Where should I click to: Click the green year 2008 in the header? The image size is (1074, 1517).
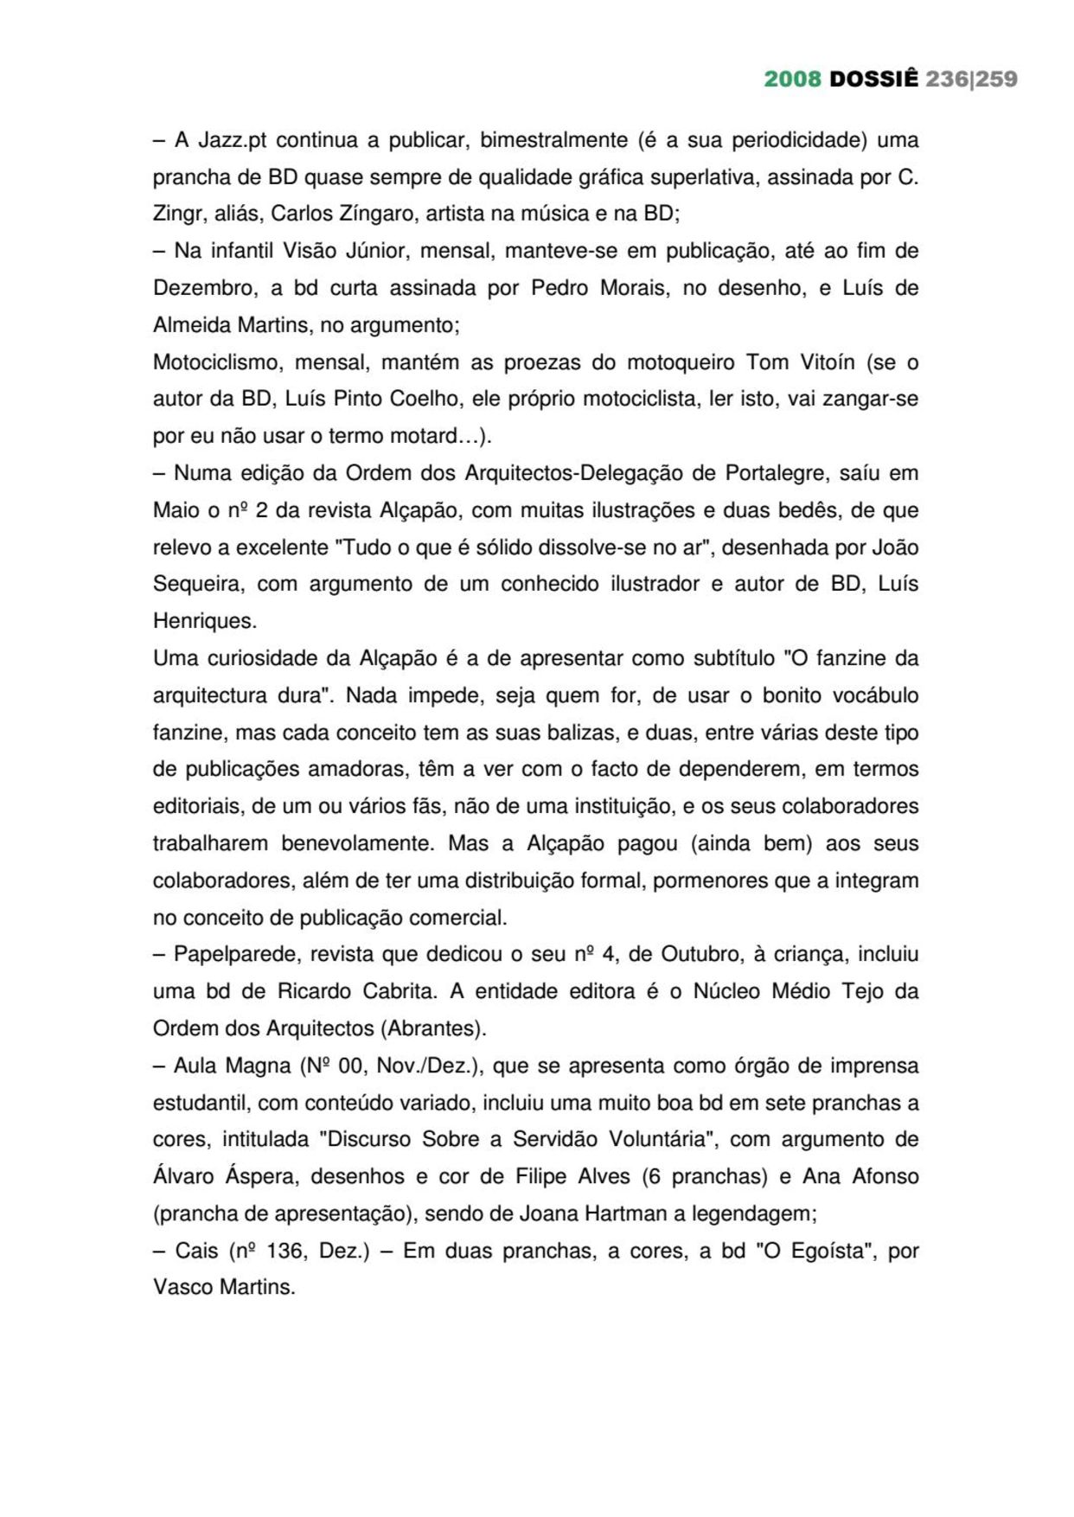[x=792, y=80]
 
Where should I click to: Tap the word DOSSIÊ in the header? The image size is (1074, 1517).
[x=873, y=80]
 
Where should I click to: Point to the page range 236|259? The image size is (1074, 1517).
[x=971, y=80]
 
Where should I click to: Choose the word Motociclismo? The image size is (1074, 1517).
[x=216, y=362]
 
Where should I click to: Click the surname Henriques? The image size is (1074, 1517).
[x=204, y=621]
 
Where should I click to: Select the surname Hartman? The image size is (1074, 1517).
[x=626, y=1213]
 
